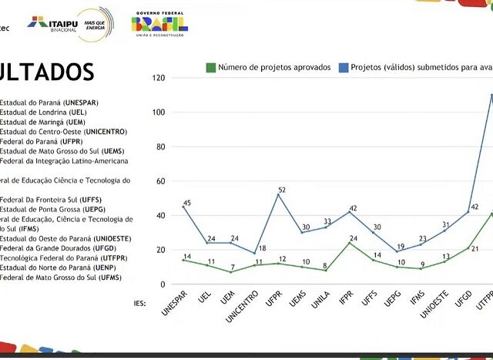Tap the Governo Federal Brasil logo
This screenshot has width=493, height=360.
click(x=160, y=24)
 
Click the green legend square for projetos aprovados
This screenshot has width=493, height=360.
click(x=210, y=67)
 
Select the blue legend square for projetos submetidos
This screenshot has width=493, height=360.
click(x=344, y=67)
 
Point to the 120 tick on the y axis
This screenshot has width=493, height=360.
click(x=158, y=78)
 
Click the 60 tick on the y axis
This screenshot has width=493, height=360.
click(x=159, y=181)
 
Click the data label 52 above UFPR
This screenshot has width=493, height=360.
click(x=282, y=190)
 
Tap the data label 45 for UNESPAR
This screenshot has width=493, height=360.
click(x=187, y=204)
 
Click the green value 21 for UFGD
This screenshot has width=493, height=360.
click(x=475, y=249)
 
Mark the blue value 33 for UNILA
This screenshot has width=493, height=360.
click(x=327, y=221)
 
